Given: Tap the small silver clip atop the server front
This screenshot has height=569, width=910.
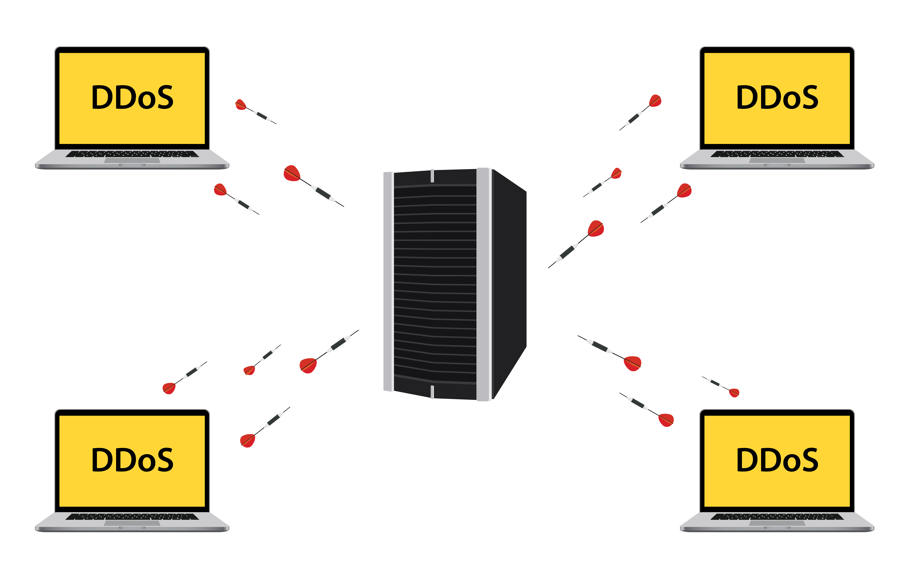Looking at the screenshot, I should coord(432,176).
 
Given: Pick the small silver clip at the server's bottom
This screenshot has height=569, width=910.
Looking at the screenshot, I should coord(432,392).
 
